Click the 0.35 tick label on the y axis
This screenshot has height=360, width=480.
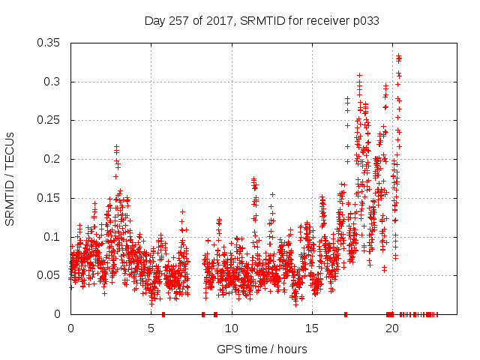click(x=51, y=43)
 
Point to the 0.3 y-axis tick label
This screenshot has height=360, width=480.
click(x=54, y=82)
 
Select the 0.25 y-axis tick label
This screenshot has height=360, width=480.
click(x=51, y=120)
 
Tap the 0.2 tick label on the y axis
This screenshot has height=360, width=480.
click(x=54, y=159)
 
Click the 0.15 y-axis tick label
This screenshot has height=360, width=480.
click(x=51, y=198)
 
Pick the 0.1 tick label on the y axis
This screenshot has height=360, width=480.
click(x=54, y=237)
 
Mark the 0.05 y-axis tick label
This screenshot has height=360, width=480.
click(x=51, y=275)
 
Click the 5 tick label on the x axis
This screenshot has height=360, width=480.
click(x=151, y=328)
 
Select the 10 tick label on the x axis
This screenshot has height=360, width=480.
click(x=232, y=328)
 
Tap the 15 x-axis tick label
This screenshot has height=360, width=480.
click(x=312, y=328)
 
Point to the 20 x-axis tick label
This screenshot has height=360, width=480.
click(x=392, y=328)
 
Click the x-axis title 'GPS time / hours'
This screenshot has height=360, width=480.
click(x=262, y=349)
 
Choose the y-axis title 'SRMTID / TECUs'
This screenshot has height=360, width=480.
click(x=10, y=178)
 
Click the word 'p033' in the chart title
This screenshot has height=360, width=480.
click(x=365, y=21)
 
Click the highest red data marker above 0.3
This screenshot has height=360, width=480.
click(x=399, y=56)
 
